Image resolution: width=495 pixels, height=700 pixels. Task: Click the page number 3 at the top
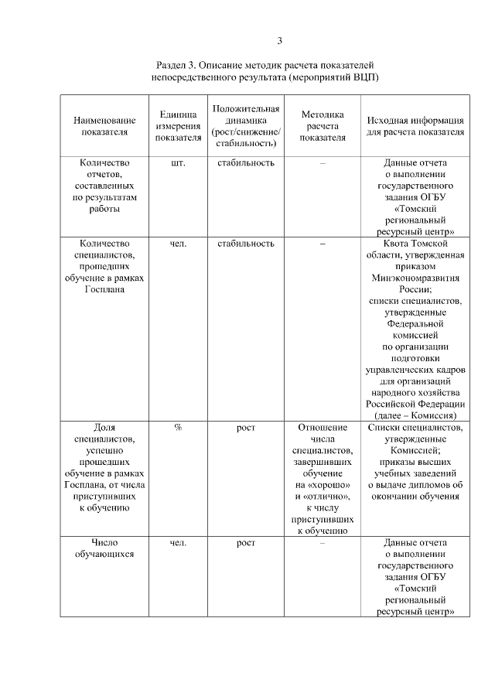(x=280, y=41)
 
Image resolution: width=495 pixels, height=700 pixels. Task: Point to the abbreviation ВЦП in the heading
(x=363, y=78)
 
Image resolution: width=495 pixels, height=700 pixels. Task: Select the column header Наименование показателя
(x=104, y=126)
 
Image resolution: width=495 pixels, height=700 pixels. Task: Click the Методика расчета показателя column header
(x=323, y=126)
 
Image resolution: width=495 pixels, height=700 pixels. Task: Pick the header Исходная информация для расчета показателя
(x=415, y=126)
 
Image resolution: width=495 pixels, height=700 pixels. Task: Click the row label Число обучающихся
(x=104, y=548)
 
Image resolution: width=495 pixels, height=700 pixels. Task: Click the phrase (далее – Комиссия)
(x=415, y=415)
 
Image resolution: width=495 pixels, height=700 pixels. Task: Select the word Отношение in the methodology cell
(x=323, y=428)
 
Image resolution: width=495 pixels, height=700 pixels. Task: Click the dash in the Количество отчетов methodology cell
(x=323, y=163)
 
